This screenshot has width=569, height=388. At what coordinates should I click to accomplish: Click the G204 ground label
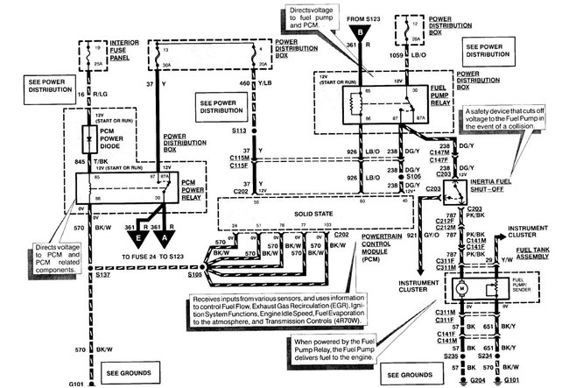click(x=477, y=383)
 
